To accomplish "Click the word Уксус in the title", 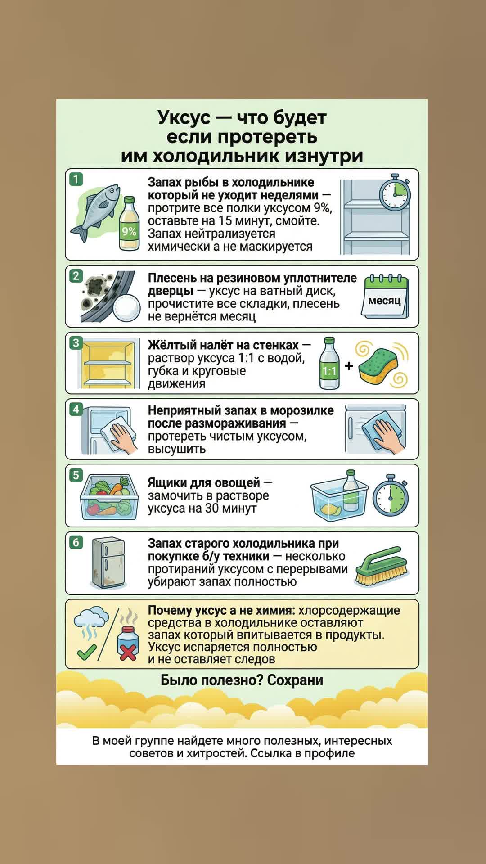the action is pos(184,117).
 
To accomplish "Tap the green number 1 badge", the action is pos(76,180).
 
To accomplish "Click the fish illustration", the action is pos(95,212).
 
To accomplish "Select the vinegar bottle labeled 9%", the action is pos(129,223).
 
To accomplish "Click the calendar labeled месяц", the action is pos(385,297).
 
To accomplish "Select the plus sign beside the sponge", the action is pos(349,366).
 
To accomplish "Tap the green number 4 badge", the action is pos(76,409).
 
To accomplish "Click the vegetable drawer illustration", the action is pos(109,497).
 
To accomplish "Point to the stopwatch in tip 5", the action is pos(390,495).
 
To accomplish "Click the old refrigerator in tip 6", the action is pos(108,563).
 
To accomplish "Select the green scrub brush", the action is pos(382,566).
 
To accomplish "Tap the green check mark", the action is pos(87,651).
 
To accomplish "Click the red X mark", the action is pos(128,651).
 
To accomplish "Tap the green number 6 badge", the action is pos(76,543).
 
